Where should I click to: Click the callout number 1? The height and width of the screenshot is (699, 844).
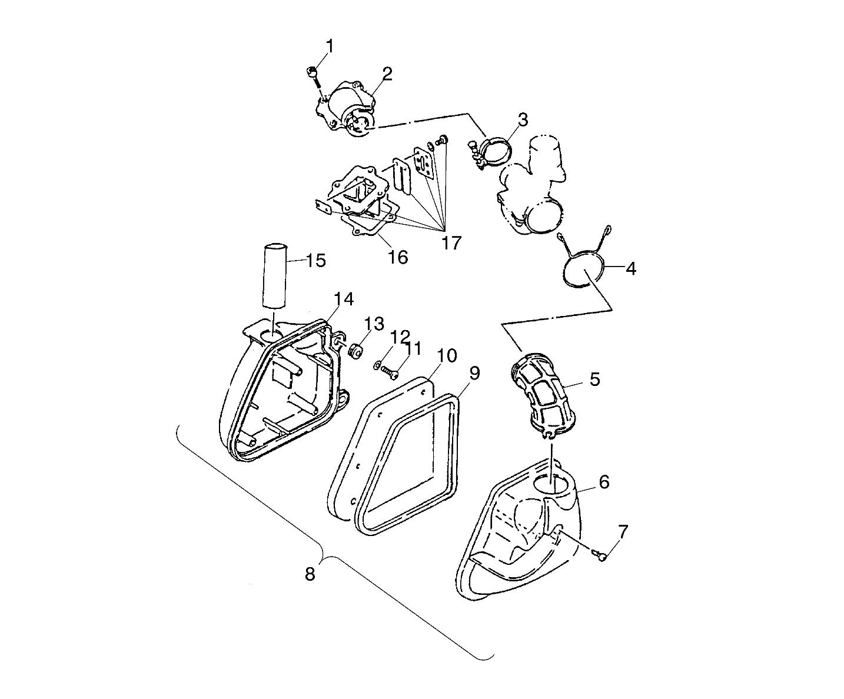(330, 46)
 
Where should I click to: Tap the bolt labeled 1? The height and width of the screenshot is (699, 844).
(313, 73)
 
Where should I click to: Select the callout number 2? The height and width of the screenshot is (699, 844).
(387, 74)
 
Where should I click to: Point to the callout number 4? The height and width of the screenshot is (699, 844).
(630, 268)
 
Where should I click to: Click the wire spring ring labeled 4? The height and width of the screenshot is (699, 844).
(583, 268)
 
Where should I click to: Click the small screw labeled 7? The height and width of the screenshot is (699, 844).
(602, 554)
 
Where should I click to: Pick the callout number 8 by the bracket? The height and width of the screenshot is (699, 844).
(310, 574)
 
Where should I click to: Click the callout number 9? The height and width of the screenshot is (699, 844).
(474, 372)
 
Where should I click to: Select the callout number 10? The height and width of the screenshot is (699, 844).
(447, 355)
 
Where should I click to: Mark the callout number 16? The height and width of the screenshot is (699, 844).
(398, 257)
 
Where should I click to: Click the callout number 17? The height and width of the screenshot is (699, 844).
(451, 243)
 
